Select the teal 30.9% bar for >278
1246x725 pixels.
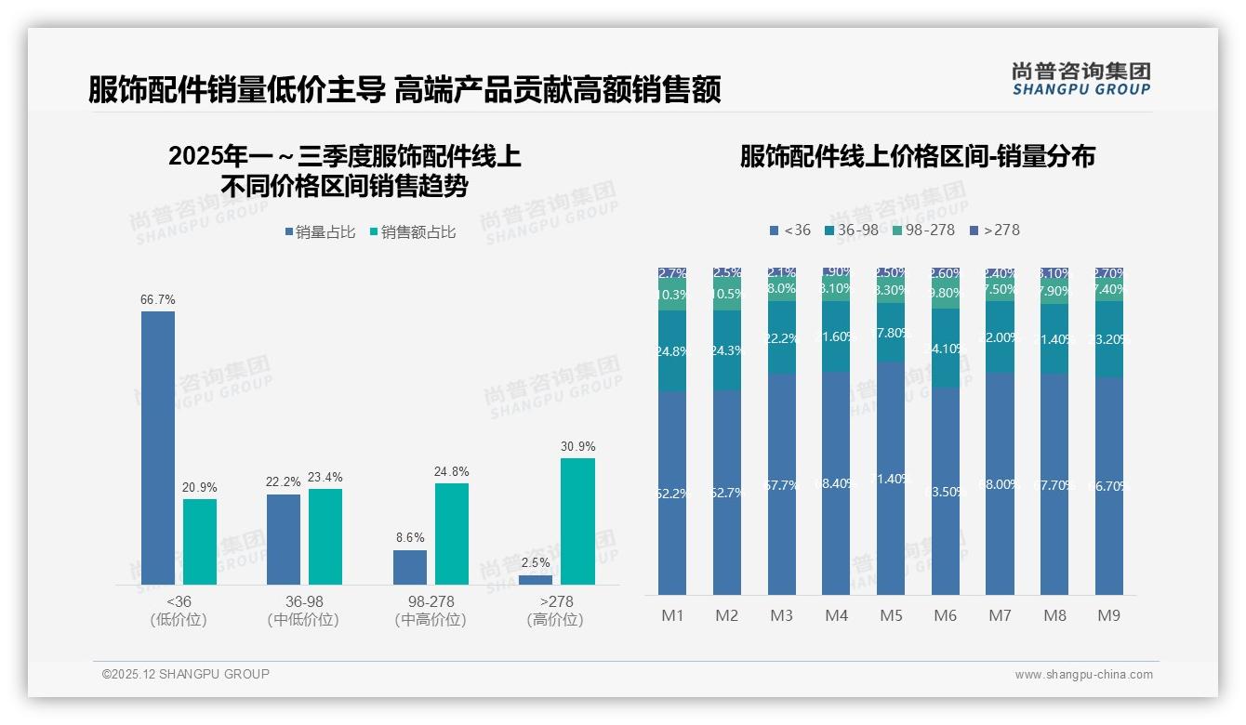click(577, 521)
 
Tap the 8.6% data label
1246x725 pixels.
click(410, 538)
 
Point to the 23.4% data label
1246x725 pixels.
click(325, 478)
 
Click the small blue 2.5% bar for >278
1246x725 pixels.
click(536, 580)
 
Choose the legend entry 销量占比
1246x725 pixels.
click(320, 232)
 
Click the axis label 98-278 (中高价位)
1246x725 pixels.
click(431, 611)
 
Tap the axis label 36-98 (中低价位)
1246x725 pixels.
click(303, 611)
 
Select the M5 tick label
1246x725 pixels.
click(891, 615)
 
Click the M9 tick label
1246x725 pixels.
click(1109, 615)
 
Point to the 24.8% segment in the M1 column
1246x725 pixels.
click(671, 351)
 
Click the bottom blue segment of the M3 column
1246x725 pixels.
click(781, 484)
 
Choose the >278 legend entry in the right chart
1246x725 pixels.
click(995, 230)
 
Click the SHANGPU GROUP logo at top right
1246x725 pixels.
click(1080, 79)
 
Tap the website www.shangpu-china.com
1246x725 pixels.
click(1083, 675)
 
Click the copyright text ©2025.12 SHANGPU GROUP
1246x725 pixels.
click(186, 674)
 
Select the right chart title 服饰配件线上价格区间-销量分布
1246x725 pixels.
click(917, 156)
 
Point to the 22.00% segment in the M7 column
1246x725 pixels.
click(1000, 337)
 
